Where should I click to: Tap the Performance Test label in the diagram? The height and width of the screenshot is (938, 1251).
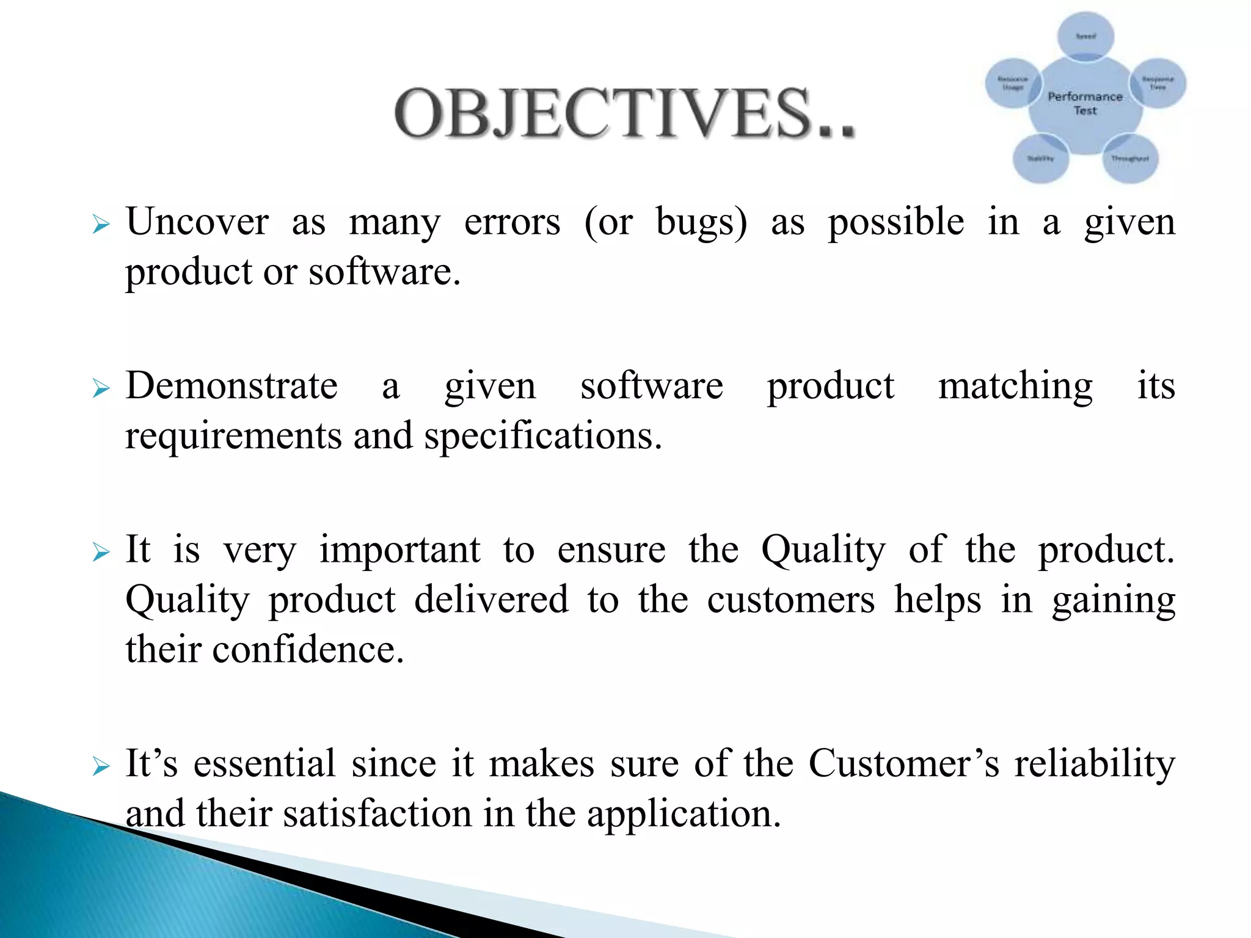click(x=1085, y=103)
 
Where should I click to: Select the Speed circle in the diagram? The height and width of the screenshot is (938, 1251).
click(x=1085, y=36)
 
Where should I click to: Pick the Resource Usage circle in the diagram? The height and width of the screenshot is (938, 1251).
click(x=1013, y=84)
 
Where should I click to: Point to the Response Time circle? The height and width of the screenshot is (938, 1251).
click(x=1158, y=83)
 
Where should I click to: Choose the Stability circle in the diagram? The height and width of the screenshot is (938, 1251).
click(x=1040, y=159)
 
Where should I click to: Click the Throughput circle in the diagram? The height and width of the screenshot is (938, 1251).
click(x=1130, y=159)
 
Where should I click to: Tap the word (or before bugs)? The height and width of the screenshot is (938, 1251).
click(x=608, y=222)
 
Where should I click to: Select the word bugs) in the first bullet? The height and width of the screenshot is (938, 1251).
click(x=701, y=222)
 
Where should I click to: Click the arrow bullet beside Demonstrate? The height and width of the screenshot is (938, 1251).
click(x=101, y=388)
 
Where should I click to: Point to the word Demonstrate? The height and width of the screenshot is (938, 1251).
click(x=232, y=386)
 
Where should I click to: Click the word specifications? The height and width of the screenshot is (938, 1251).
click(x=543, y=437)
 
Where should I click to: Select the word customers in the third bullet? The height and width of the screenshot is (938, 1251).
click(x=791, y=600)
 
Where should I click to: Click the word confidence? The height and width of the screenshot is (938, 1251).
click(x=308, y=649)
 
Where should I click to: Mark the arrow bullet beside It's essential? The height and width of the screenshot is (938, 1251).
click(x=101, y=766)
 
